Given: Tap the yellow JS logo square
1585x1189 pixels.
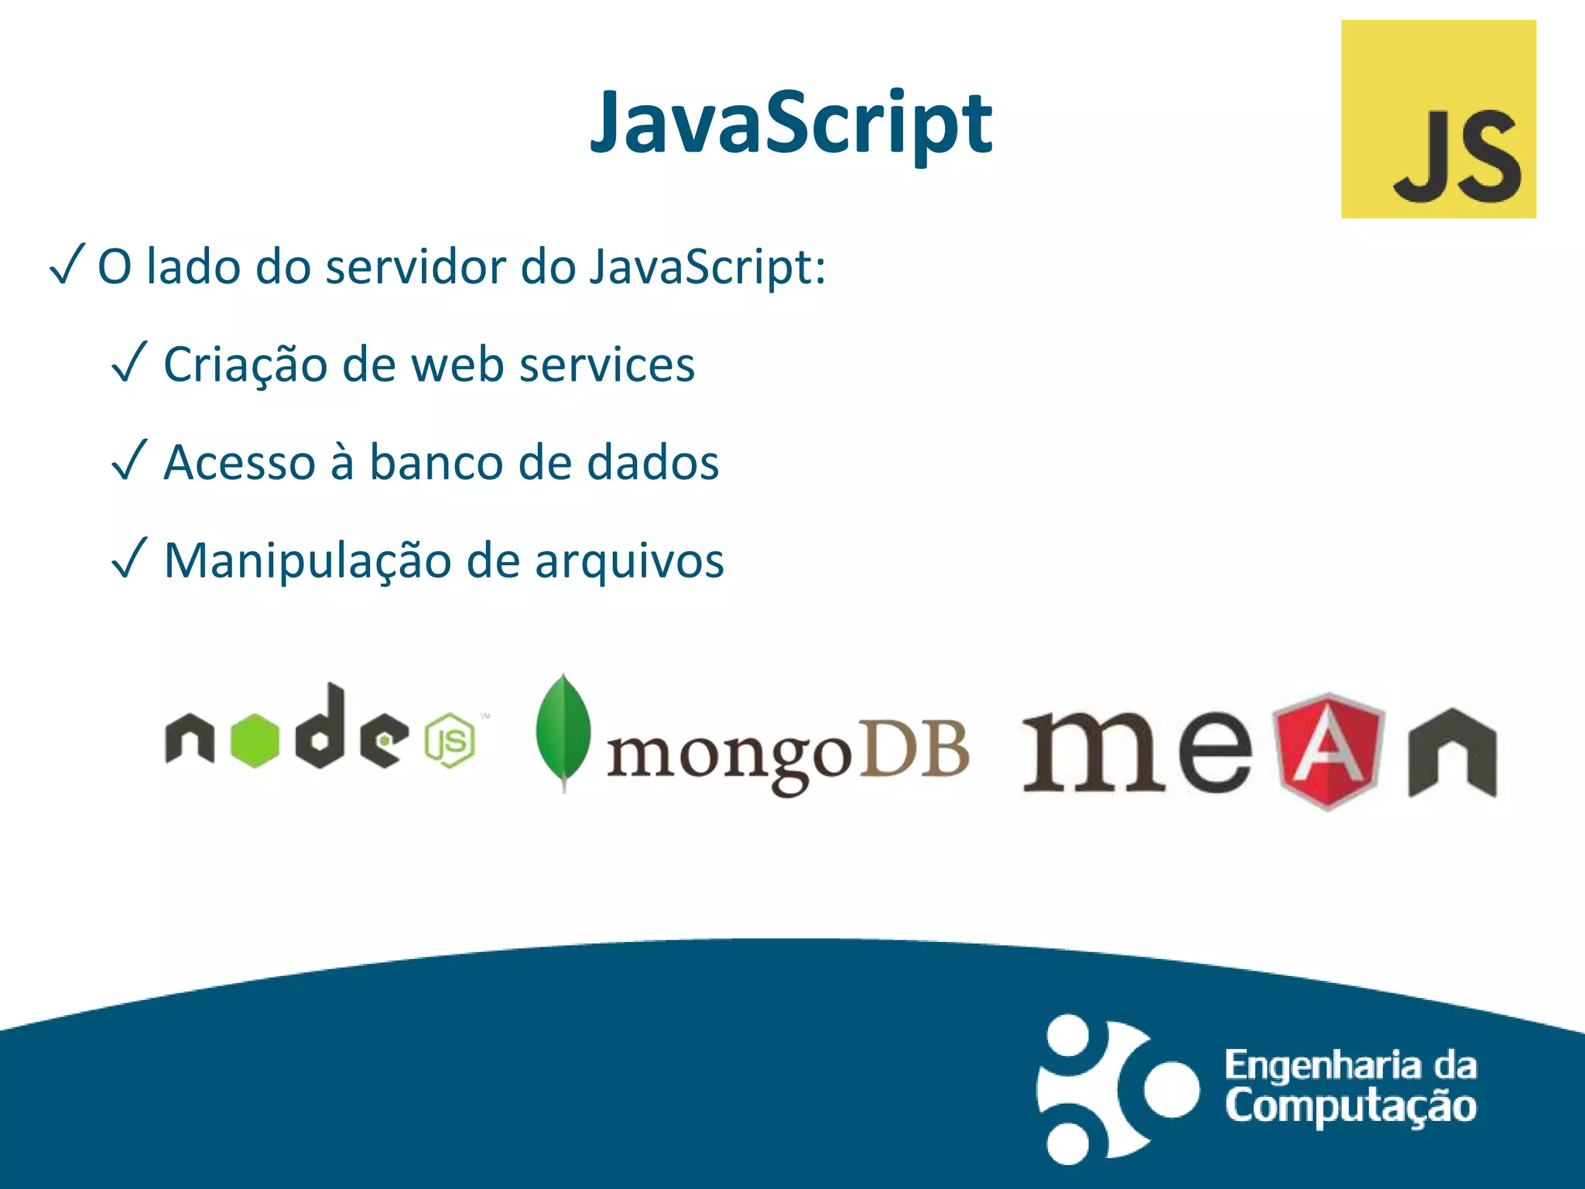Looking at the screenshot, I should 1438,119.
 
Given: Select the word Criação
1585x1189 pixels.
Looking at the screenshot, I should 245,365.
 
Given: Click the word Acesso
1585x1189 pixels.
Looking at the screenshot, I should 240,463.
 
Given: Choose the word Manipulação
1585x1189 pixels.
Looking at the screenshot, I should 307,561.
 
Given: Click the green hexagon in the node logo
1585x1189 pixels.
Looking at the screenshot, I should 255,741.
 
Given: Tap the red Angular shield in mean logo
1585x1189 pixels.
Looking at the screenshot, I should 1328,749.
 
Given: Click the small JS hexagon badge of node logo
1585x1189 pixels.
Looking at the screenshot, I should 450,741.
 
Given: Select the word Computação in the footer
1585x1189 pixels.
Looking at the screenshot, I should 1351,1106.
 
